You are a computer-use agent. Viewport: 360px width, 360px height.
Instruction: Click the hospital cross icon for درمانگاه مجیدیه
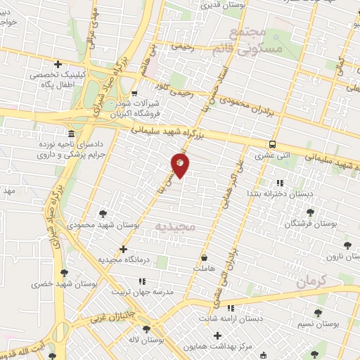[x=124, y=249]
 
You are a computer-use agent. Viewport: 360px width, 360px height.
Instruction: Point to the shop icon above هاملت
[x=204, y=258]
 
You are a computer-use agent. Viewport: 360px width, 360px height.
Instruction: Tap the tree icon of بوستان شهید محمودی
[x=103, y=214]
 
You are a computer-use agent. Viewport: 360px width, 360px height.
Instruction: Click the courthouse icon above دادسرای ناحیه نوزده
[x=70, y=134]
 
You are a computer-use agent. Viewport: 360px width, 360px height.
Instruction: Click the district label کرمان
[x=312, y=282]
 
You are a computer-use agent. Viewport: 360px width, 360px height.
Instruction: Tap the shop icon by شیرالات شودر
[x=135, y=92]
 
